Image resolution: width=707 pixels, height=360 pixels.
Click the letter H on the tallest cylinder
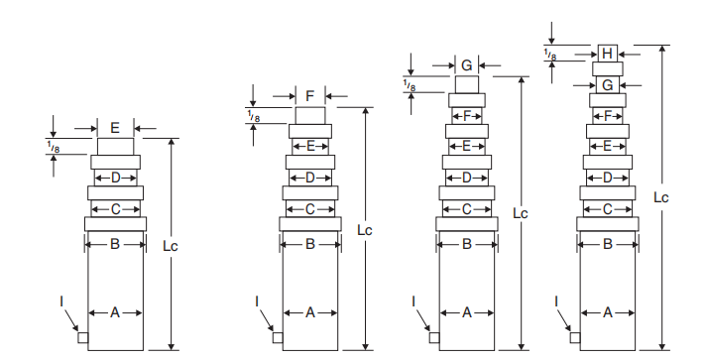coord(608,53)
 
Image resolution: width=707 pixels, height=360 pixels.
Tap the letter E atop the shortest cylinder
coord(115,128)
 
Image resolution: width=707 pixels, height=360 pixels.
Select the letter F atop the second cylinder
coord(310,96)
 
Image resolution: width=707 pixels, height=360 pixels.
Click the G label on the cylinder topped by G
coord(466,66)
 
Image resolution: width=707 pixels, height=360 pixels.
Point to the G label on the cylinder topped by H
coord(608,85)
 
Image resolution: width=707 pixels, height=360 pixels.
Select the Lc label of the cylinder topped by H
coord(660,197)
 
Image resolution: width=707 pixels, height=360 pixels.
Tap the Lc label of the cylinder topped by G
coord(520,213)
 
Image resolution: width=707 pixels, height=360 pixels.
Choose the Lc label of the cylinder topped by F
coord(364,229)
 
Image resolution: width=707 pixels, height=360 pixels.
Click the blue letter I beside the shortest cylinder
coord(60,300)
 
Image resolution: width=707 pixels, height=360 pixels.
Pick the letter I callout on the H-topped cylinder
coord(556,300)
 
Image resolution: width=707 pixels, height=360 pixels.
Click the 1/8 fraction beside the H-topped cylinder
coord(549,54)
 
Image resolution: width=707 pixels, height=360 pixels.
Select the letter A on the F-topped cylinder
coord(310,312)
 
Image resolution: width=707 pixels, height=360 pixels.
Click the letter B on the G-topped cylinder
coord(466,243)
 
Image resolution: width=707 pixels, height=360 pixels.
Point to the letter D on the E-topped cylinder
coord(115,178)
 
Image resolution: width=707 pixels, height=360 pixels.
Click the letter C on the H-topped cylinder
coord(608,209)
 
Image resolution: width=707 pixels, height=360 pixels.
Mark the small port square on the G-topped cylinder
coord(434,337)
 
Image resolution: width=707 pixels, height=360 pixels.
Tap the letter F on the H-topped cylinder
coord(608,116)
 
